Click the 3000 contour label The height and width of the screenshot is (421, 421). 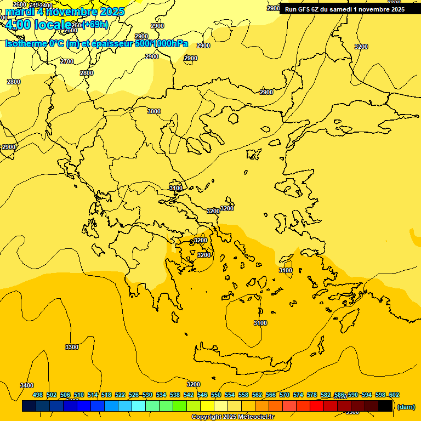(154, 111)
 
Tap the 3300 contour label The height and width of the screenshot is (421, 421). (71, 347)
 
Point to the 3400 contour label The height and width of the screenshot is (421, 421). (26, 385)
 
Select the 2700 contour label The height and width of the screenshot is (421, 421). (67, 61)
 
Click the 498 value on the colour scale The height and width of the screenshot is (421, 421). (38, 395)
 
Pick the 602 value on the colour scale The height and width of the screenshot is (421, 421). (394, 395)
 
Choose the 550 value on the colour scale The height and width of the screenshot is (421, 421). (216, 395)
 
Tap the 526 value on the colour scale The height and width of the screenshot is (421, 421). (134, 395)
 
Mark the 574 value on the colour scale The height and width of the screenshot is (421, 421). (298, 395)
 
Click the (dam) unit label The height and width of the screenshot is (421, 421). (406, 407)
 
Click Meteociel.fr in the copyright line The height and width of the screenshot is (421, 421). (255, 417)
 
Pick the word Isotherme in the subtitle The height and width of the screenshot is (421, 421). (25, 44)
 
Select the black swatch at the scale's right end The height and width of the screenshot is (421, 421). (385, 406)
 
